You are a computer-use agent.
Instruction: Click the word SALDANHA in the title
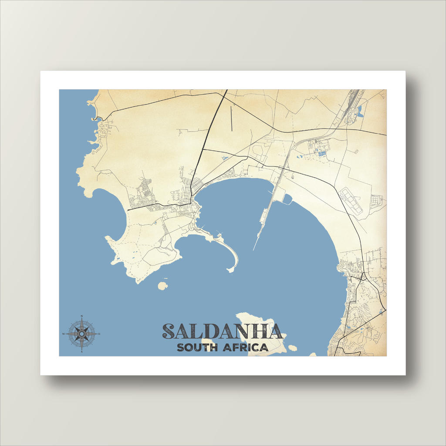223,331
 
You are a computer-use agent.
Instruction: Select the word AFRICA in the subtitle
246,348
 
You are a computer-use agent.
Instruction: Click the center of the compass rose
81,334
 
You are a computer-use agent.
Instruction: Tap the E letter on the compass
99,334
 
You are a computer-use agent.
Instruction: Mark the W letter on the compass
64,334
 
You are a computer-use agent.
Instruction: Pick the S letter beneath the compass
81,352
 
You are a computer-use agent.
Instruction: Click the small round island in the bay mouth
162,286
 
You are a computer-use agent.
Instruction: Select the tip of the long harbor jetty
253,250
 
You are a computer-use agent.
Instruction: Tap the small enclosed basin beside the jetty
287,199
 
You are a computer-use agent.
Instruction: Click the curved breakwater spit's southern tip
230,270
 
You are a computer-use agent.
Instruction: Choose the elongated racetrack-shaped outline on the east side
351,201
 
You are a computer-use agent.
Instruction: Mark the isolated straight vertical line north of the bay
231,118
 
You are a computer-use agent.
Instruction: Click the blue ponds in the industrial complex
321,152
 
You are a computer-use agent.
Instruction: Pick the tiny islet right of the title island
292,348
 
